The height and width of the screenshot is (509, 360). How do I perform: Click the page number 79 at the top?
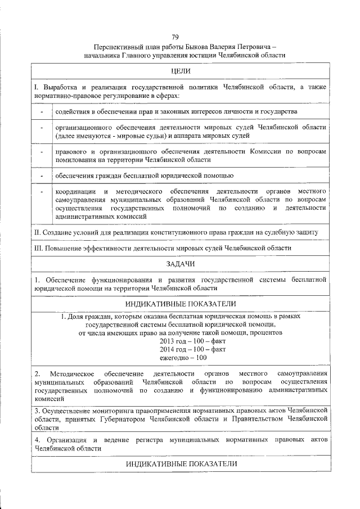coord(180,37)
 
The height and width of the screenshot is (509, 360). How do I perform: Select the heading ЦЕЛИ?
coord(180,71)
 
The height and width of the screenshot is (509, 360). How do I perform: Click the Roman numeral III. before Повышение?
coord(39,247)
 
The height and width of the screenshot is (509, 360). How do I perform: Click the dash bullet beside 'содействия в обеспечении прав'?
coord(42,112)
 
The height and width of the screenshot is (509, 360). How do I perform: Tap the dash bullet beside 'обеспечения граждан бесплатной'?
coord(42,176)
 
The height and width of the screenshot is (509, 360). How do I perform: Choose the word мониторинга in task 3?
coord(116,411)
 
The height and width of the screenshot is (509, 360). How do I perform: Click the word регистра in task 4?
coord(148,438)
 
